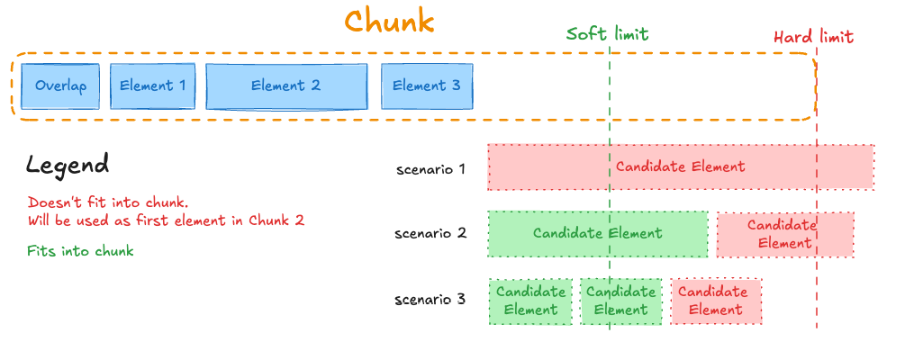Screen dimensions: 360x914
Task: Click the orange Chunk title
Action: pyautogui.click(x=389, y=22)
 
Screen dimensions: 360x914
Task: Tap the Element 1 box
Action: pyautogui.click(x=152, y=85)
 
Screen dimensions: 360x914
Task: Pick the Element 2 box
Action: pyautogui.click(x=285, y=85)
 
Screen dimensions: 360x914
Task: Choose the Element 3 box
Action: pyautogui.click(x=427, y=85)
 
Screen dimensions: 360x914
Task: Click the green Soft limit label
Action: pyautogui.click(x=607, y=34)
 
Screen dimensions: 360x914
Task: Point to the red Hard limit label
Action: pyautogui.click(x=813, y=37)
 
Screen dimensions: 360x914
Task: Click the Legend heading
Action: pyautogui.click(x=68, y=165)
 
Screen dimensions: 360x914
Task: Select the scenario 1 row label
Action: pyautogui.click(x=430, y=168)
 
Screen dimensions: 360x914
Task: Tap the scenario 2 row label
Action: pyautogui.click(x=430, y=234)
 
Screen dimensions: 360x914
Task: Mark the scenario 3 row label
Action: pyautogui.click(x=430, y=299)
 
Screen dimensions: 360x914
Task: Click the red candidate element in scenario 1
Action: pyautogui.click(x=681, y=166)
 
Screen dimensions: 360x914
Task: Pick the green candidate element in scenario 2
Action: pyautogui.click(x=597, y=234)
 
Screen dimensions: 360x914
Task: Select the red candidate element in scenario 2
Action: pyautogui.click(x=784, y=234)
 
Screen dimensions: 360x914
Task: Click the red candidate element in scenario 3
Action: pyautogui.click(x=716, y=301)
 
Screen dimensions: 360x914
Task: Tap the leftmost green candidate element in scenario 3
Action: pyautogui.click(x=530, y=301)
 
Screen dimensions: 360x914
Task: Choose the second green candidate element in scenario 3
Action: pyautogui.click(x=620, y=301)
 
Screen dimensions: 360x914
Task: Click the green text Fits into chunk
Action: pyautogui.click(x=80, y=251)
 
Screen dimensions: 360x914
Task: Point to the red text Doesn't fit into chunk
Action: pyautogui.click(x=107, y=202)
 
